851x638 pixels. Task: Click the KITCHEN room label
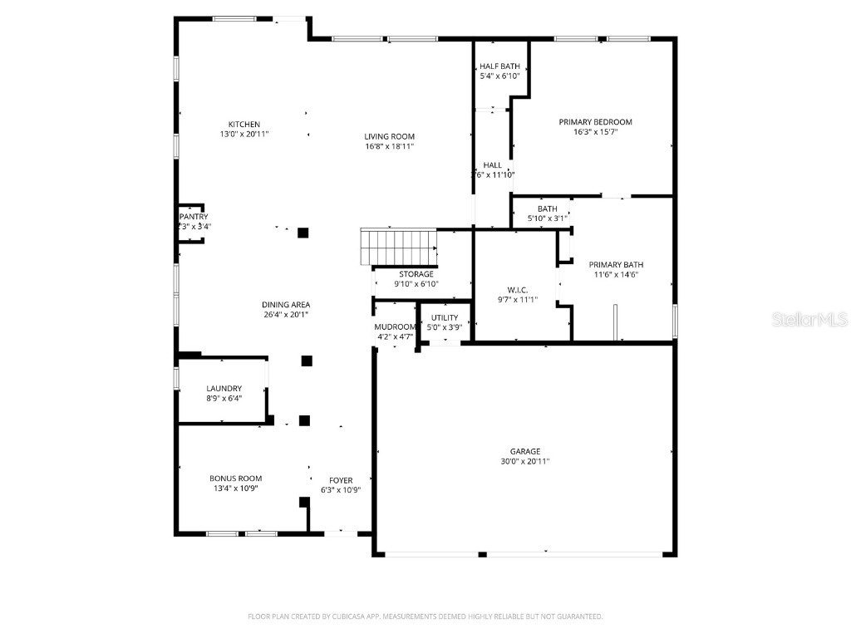(x=244, y=125)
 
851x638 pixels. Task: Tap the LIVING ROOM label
(x=389, y=136)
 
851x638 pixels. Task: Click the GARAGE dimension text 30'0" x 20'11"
(x=525, y=461)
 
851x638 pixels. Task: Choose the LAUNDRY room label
(x=224, y=388)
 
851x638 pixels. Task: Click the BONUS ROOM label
(x=235, y=478)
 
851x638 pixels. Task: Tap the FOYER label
(x=341, y=480)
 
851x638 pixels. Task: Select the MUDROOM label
(x=394, y=326)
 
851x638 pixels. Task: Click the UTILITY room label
(x=445, y=317)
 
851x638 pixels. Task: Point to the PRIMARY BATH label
(x=617, y=265)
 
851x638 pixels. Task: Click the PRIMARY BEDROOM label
(x=595, y=122)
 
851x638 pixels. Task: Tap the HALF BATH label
(x=499, y=66)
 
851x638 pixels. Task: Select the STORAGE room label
(x=416, y=274)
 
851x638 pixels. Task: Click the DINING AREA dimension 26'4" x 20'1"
(x=286, y=315)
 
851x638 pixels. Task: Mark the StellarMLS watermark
(x=809, y=319)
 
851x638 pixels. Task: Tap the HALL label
(x=493, y=165)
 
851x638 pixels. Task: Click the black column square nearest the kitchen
(x=303, y=233)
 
